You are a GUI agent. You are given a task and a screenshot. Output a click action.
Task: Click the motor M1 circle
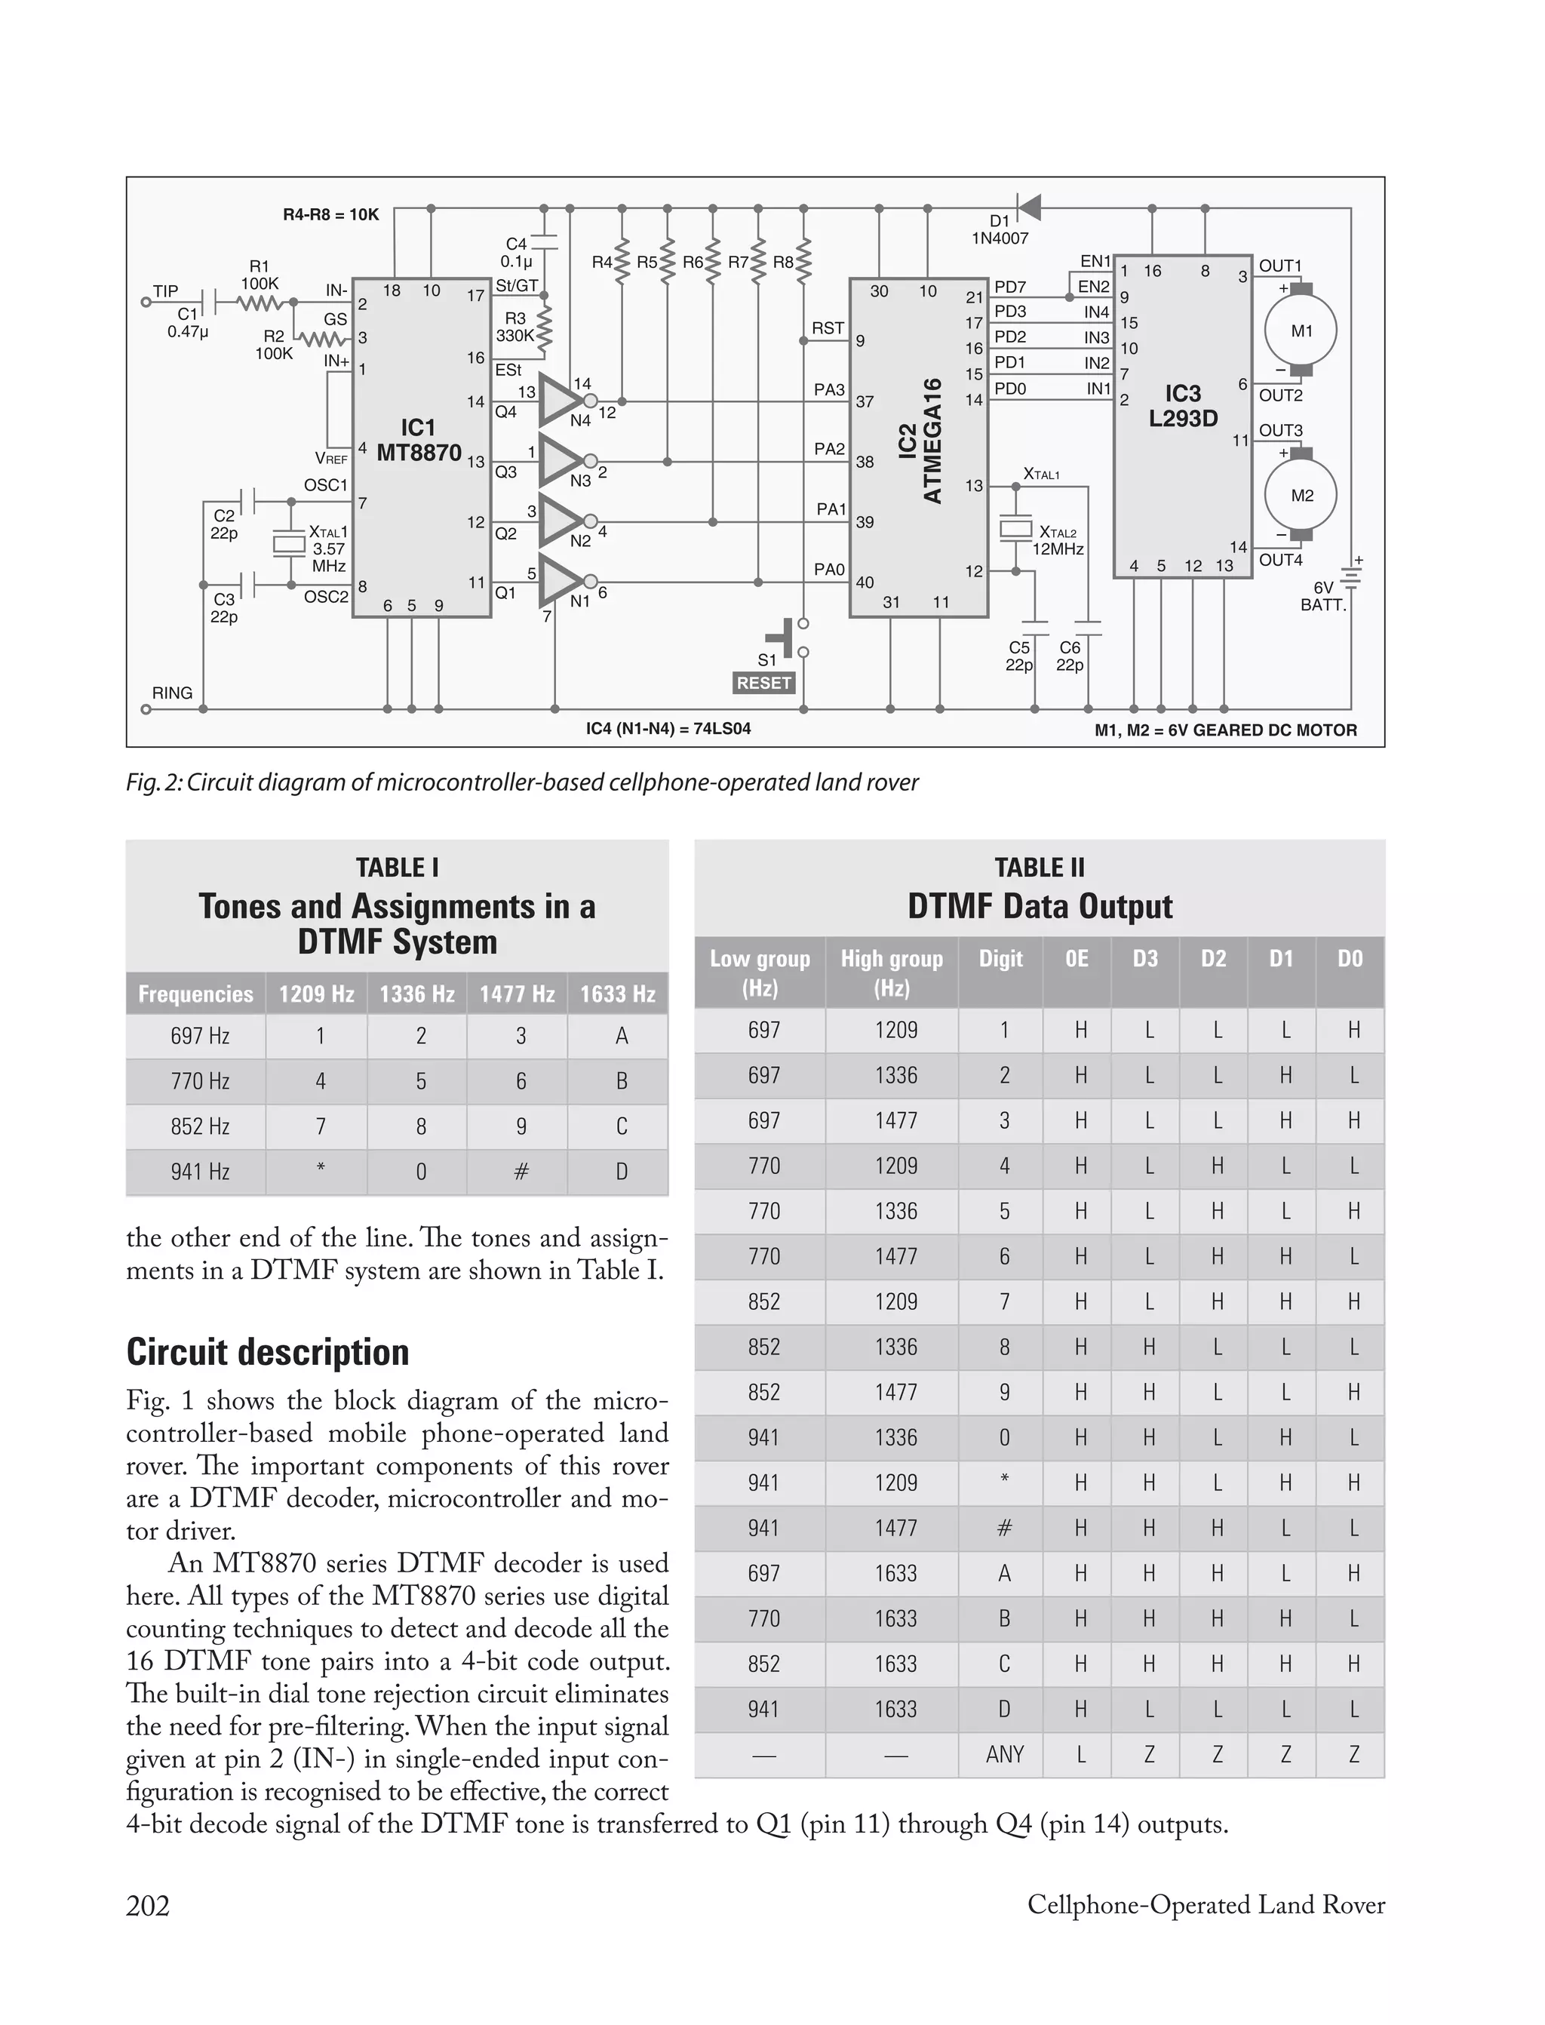click(1301, 331)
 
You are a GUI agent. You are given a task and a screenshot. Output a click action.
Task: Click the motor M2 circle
click(1301, 496)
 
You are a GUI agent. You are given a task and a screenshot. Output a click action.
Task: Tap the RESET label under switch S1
click(763, 684)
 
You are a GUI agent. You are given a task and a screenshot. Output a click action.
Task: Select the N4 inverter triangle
click(559, 401)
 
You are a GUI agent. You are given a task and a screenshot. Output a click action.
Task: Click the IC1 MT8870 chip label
click(419, 441)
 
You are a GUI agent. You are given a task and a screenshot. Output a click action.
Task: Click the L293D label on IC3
click(1183, 419)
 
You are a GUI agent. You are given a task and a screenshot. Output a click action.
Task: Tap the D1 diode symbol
click(1027, 207)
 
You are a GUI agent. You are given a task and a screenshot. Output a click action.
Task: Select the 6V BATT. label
click(1322, 597)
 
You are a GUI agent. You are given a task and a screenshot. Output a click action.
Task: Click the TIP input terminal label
click(165, 291)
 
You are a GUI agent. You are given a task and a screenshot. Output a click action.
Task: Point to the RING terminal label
click(172, 693)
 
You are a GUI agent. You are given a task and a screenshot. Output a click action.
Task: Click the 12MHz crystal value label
click(1058, 550)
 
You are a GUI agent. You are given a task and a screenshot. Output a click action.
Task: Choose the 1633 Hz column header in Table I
click(617, 994)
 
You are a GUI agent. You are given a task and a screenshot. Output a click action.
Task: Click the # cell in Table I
click(521, 1172)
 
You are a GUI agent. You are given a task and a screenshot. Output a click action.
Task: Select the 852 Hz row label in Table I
click(200, 1126)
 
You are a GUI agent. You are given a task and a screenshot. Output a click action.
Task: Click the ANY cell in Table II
click(1004, 1755)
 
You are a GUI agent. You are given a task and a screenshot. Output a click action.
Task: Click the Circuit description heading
click(268, 1353)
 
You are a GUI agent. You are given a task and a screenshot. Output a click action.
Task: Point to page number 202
click(148, 1906)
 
